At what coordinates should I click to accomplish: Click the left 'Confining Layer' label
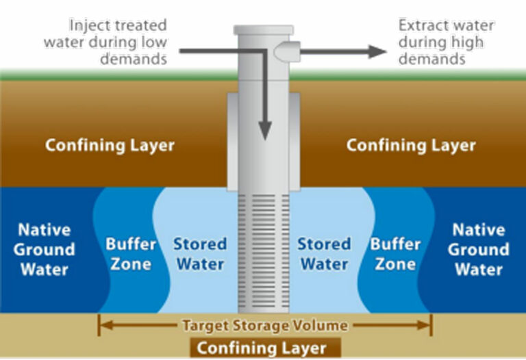pos(110,146)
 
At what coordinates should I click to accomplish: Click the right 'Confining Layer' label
pos(411,146)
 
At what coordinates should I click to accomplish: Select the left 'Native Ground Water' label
pos(44,249)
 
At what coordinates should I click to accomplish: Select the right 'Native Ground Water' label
pos(479,249)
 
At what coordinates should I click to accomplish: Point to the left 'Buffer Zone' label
pos(131,254)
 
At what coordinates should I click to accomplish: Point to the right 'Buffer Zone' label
pos(395,254)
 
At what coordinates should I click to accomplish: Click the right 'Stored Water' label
pos(324,254)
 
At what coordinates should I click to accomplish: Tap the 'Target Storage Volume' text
pos(264,326)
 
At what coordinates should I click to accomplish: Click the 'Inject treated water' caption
pos(105,42)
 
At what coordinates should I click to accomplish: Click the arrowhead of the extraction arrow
pos(377,51)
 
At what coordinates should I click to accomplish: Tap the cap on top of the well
pos(264,30)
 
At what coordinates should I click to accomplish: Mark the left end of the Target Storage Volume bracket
pos(100,325)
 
